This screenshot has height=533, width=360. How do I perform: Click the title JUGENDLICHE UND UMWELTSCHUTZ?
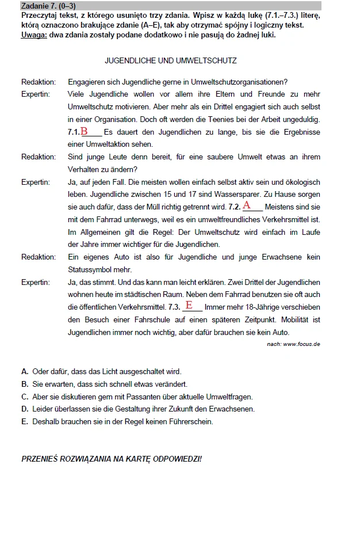171,60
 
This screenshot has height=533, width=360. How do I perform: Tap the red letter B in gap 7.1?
84,131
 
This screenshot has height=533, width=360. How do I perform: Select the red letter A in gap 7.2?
247,204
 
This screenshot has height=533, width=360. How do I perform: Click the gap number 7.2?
234,206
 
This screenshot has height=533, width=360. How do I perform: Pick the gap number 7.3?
174,307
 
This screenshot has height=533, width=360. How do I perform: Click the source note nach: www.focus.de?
293,344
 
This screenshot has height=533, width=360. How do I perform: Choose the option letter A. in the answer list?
25,372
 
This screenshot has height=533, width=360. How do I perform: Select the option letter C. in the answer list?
25,397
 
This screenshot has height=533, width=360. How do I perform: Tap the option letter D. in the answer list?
25,409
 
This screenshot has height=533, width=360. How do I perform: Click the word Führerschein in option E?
191,422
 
